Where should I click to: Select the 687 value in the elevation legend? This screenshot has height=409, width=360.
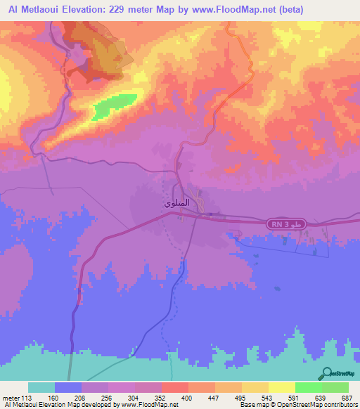[345, 397]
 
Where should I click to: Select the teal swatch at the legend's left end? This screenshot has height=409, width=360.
[41, 387]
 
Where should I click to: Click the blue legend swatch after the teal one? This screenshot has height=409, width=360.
[68, 387]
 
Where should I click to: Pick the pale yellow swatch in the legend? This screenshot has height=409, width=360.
[282, 387]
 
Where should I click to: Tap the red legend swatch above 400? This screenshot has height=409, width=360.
[175, 387]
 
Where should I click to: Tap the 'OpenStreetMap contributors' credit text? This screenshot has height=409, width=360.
[318, 405]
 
